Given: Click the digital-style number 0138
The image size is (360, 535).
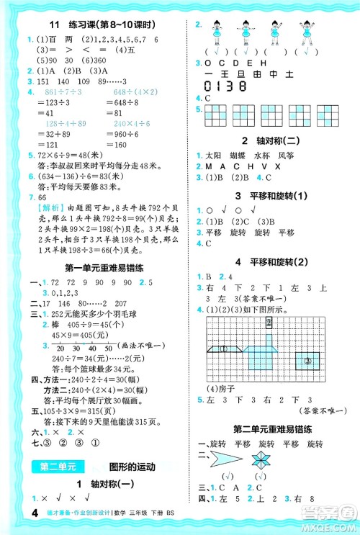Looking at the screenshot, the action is point(225,85).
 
